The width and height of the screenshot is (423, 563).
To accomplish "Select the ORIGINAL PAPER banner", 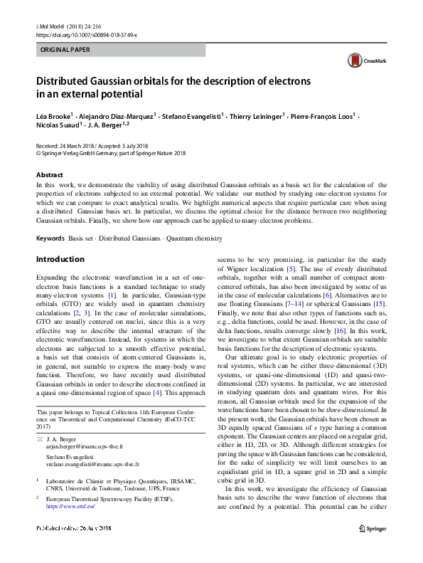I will coord(120,51).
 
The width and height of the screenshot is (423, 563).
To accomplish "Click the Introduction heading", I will coord(60,259).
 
